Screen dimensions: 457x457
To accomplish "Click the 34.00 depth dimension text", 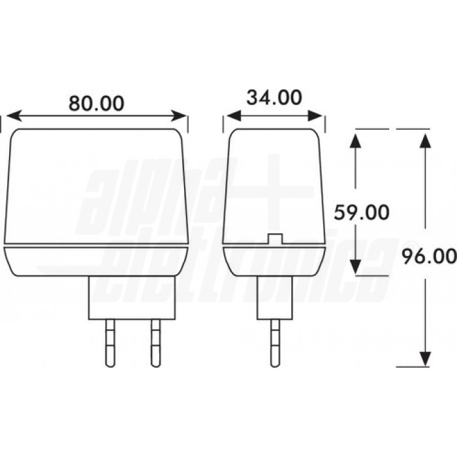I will pos(274,98).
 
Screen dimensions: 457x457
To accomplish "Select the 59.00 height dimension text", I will pos(361,212).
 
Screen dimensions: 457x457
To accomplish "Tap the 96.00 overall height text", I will pos(429,256).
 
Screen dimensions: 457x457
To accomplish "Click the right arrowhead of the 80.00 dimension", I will pos(181,116).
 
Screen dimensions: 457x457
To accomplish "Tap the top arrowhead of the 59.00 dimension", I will pos(355,140).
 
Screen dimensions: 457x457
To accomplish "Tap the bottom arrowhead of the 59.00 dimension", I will pos(355,266).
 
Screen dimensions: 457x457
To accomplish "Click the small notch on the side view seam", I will pos(274,238).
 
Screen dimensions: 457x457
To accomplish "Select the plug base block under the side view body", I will pos(274,297).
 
